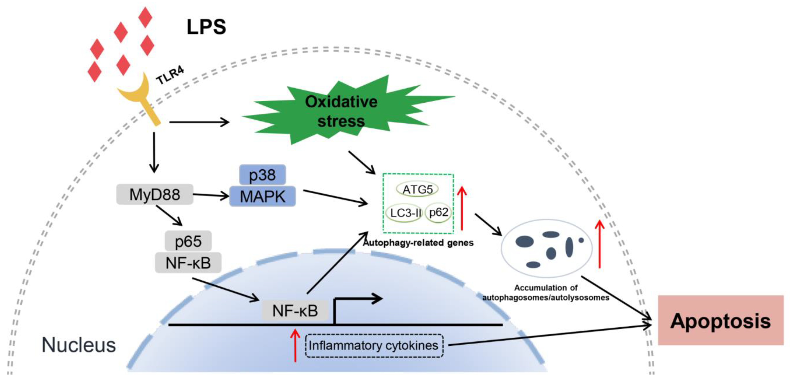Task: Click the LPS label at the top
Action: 206,27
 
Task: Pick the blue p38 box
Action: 262,175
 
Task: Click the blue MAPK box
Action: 262,196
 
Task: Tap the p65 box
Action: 188,241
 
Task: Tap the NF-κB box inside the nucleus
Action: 295,311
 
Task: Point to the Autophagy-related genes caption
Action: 418,243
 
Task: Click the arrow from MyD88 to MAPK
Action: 211,195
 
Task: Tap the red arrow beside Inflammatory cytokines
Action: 295,345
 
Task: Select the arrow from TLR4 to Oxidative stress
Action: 199,122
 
